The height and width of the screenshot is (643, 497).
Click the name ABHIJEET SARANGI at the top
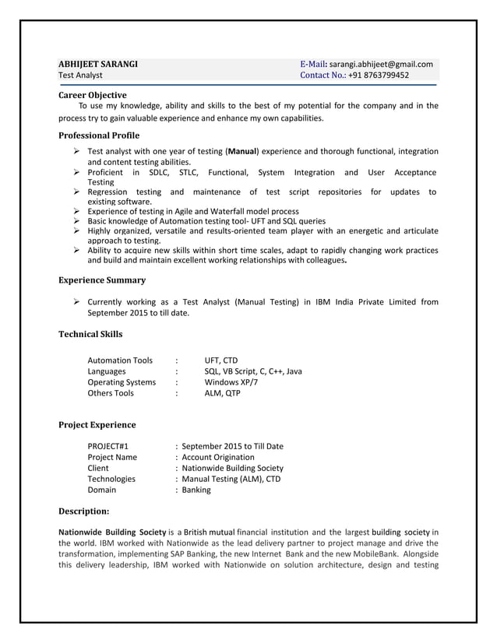100,64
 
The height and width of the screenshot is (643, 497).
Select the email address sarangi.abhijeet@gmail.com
381,64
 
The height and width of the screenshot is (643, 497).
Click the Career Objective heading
93,95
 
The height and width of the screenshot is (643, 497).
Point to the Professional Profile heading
100,135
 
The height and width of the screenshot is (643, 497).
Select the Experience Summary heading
102,280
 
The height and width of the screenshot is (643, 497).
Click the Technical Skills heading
90,334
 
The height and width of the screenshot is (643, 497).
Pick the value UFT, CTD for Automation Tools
221,360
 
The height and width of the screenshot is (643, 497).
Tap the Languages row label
107,371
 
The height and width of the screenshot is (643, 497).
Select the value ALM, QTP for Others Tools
223,393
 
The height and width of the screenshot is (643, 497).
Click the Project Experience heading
97,425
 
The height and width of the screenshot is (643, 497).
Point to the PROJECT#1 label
108,446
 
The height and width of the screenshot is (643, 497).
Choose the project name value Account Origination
218,457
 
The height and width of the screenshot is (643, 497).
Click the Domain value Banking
196,490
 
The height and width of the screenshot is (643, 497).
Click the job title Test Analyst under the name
81,76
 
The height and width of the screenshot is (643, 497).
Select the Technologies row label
111,479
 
